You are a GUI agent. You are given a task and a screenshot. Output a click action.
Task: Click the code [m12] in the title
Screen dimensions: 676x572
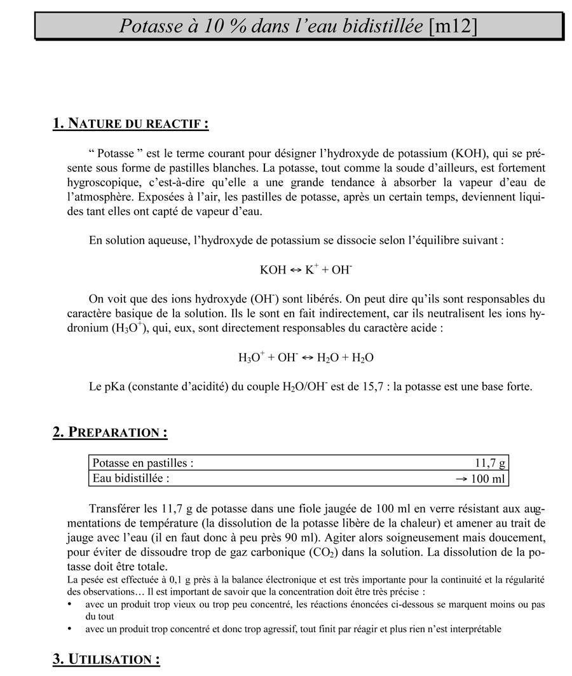453,26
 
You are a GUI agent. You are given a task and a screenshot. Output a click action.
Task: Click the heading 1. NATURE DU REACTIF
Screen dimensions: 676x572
131,123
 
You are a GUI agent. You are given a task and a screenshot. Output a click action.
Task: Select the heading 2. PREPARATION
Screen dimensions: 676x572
110,432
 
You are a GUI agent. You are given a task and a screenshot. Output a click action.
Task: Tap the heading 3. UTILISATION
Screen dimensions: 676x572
106,659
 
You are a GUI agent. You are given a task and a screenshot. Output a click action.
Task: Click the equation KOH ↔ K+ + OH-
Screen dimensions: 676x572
306,270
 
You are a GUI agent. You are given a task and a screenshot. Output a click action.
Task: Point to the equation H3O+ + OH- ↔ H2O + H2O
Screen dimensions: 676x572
306,357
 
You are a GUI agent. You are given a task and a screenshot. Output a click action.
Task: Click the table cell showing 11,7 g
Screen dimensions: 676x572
490,463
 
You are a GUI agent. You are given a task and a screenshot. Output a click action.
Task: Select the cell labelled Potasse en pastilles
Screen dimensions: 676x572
143,463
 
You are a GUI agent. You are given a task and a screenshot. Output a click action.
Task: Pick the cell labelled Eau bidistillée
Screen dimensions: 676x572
131,478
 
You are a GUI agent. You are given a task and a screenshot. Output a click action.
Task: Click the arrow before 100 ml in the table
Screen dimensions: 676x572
462,479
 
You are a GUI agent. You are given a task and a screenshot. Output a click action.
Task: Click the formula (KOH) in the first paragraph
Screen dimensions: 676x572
472,153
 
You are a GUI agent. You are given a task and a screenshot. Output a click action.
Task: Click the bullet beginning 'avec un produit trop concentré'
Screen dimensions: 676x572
293,629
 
